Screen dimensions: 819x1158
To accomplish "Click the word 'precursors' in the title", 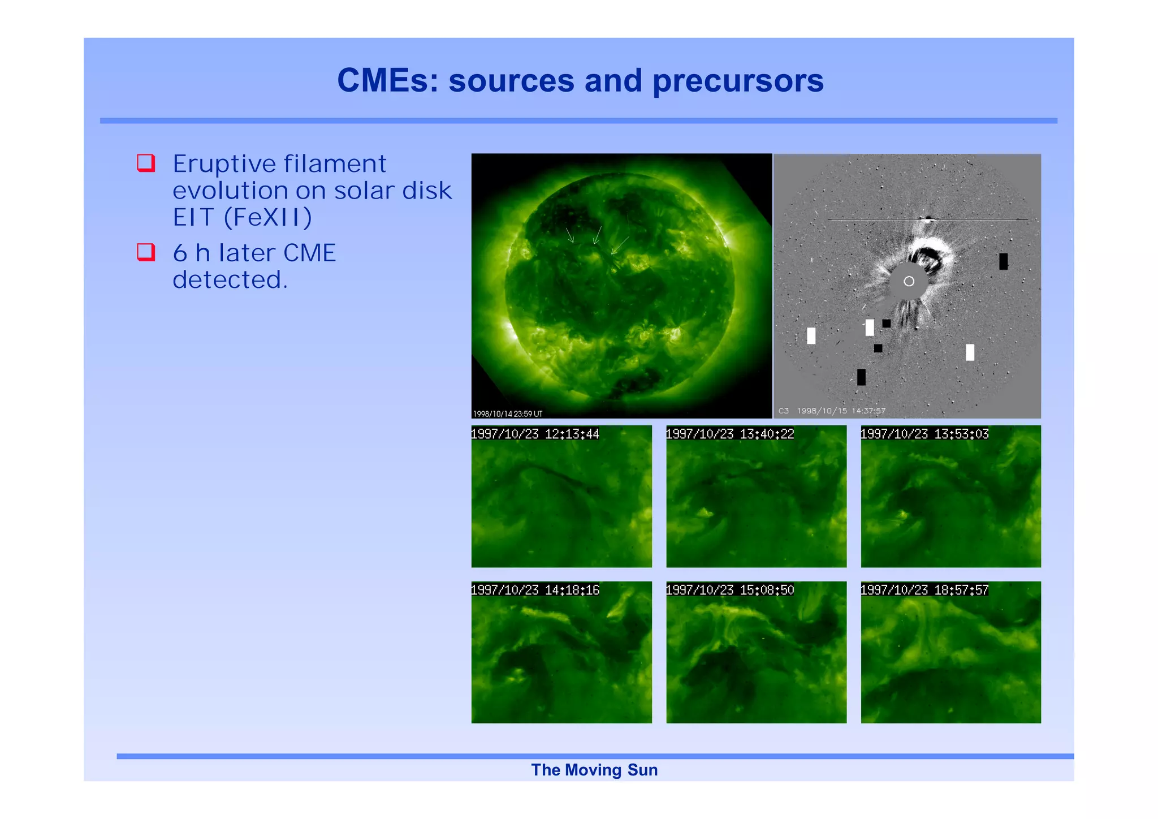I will point(738,81).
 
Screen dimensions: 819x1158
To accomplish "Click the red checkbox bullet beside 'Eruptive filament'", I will point(146,163).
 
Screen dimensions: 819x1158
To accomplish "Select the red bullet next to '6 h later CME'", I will point(146,252).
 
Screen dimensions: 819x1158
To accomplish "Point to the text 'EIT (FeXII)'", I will point(242,218).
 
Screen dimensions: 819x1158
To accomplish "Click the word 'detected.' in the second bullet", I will point(230,279).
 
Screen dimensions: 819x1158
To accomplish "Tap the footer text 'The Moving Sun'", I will point(594,770).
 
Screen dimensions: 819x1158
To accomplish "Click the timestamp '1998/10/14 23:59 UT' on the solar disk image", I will point(507,414).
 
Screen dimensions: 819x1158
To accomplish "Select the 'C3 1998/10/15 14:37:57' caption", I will point(831,411).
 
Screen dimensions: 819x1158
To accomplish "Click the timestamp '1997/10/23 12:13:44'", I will point(535,434).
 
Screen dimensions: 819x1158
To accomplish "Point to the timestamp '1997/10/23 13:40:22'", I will point(730,434).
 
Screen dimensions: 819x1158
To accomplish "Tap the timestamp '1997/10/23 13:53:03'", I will point(924,434).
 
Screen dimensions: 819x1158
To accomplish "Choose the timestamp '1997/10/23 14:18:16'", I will point(535,590).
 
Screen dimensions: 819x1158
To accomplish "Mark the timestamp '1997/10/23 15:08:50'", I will point(730,590).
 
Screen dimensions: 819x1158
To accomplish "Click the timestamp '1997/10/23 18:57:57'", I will point(924,590).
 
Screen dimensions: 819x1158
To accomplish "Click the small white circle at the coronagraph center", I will point(909,281).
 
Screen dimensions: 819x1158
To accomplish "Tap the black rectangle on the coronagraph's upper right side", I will point(1003,261).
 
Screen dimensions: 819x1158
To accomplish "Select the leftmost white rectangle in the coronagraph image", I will point(811,335).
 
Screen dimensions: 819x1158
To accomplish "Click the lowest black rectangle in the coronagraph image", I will point(861,377).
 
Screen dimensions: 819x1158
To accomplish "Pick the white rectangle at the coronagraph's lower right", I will point(970,352).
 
